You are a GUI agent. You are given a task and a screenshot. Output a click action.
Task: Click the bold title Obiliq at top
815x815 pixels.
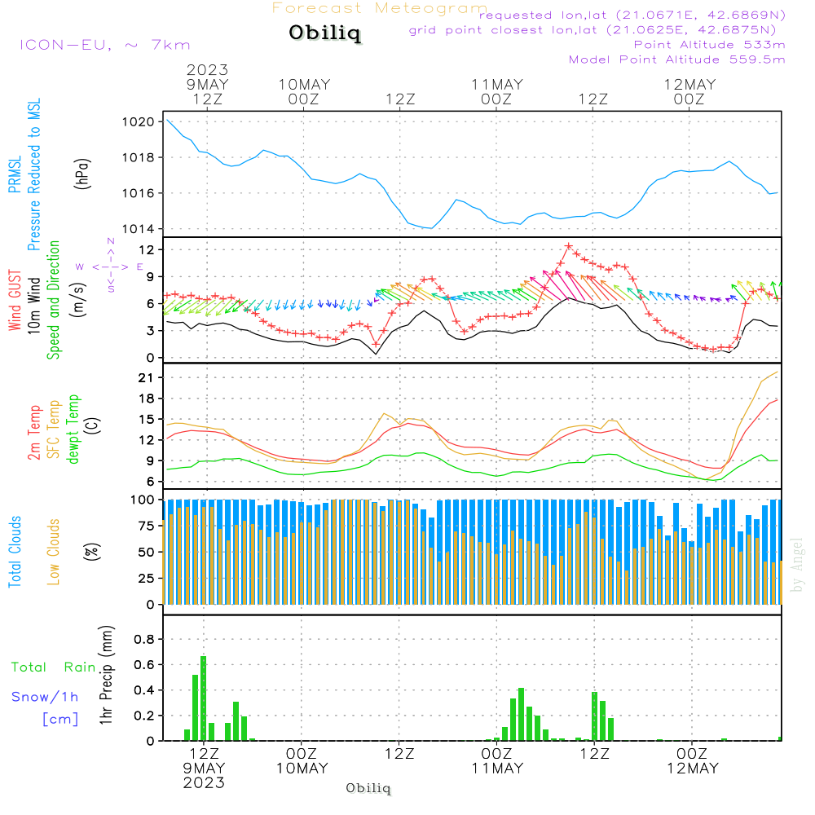[x=325, y=33]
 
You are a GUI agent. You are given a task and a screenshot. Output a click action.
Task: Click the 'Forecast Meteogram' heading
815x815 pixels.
[x=380, y=8]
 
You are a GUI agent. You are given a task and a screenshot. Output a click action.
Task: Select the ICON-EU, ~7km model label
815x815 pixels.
[x=105, y=45]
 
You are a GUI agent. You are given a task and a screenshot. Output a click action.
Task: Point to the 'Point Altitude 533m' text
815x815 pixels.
[x=709, y=45]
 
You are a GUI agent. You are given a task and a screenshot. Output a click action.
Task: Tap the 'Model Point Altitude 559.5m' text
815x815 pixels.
[x=676, y=59]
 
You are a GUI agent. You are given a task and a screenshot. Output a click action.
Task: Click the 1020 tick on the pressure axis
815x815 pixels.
[x=139, y=122]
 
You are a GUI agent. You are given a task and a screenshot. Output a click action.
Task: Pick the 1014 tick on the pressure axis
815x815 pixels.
[x=139, y=229]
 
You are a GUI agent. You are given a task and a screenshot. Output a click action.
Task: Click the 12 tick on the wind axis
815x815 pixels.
[x=147, y=250]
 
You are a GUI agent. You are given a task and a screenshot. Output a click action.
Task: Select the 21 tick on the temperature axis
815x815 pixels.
[x=146, y=378]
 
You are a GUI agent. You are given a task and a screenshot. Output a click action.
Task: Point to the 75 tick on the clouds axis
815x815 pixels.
[x=146, y=526]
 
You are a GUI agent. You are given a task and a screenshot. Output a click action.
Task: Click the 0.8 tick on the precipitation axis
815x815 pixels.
[x=144, y=639]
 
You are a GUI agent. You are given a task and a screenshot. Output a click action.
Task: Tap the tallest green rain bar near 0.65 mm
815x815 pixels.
[x=203, y=698]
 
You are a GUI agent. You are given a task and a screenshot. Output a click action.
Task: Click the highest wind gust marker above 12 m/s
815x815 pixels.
[x=569, y=246]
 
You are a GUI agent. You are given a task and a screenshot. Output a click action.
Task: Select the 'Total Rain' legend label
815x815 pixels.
[x=54, y=667]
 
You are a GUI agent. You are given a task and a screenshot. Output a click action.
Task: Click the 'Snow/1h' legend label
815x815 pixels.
[x=45, y=697]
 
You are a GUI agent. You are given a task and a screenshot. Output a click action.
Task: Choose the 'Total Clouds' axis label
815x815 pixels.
[x=15, y=552]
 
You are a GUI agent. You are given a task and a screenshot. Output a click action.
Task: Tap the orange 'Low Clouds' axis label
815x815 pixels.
[x=53, y=552]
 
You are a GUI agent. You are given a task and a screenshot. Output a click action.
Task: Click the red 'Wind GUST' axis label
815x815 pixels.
[x=15, y=300]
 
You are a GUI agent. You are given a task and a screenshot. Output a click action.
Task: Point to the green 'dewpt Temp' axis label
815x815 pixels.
[x=73, y=429]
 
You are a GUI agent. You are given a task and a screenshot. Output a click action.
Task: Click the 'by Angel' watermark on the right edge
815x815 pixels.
[x=796, y=565]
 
